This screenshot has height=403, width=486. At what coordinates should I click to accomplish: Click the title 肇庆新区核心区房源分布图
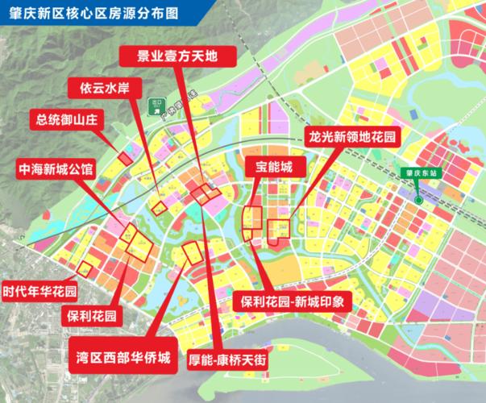pos(90,13)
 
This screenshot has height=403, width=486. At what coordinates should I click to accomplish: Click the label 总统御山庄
pos(67,121)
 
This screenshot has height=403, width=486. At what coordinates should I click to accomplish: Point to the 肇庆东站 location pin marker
pos(419,197)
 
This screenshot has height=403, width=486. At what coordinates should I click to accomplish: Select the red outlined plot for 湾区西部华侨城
pos(192,251)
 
